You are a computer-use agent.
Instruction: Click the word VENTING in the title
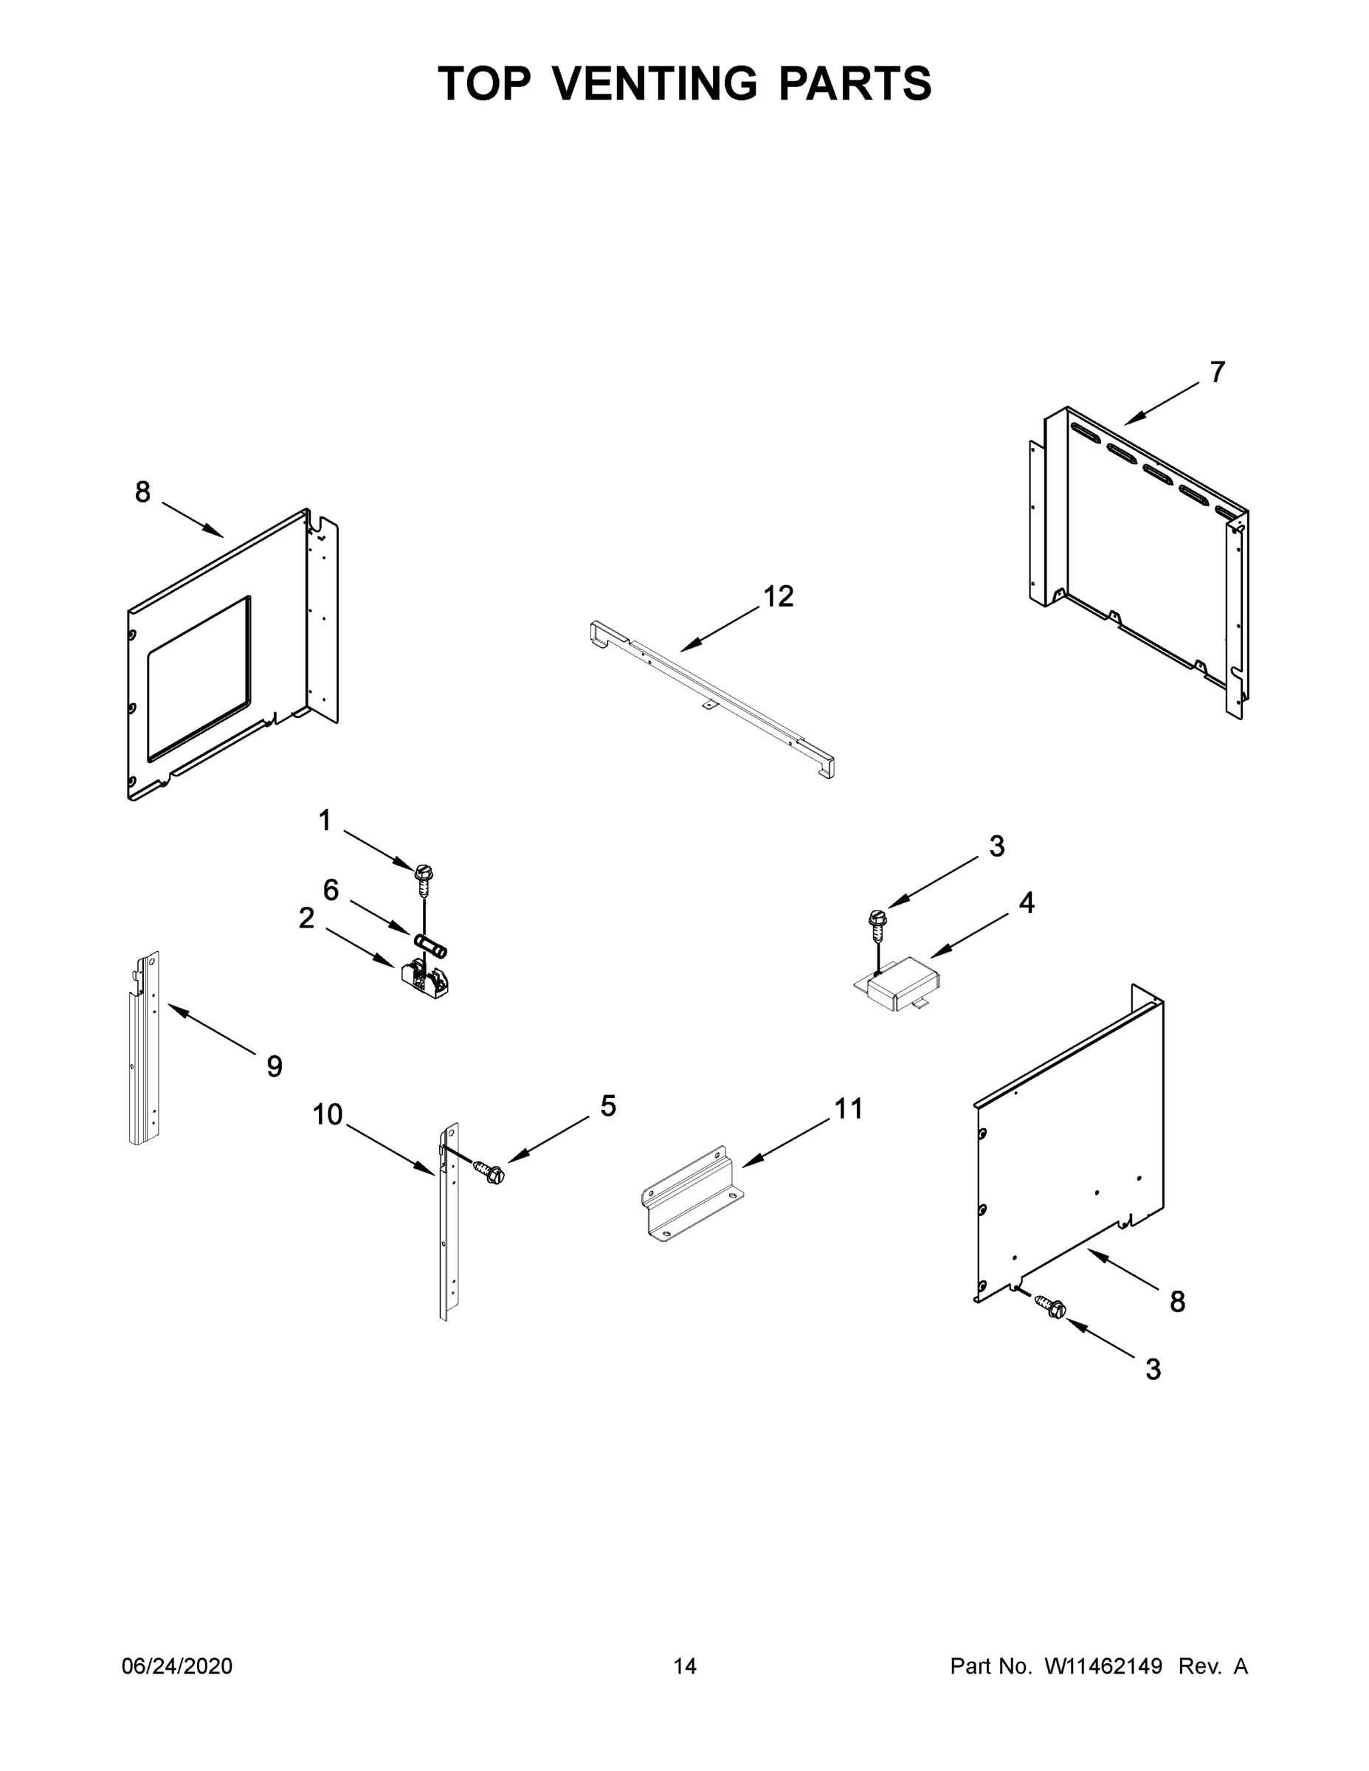pos(655,83)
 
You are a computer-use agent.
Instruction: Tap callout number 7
pos(1217,372)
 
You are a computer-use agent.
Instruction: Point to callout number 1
pos(325,821)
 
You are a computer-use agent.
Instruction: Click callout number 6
pos(331,891)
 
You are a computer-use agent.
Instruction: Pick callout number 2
pos(306,918)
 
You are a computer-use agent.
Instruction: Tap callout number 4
pos(1027,902)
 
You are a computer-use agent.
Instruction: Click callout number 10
pos(328,1115)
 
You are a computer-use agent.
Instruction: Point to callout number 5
pos(608,1105)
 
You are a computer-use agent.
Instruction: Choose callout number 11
pos(848,1108)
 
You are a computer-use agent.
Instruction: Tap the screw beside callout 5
pos(490,1173)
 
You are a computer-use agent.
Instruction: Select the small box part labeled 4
pos(900,984)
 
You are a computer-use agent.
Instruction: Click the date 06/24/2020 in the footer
pos(177,1665)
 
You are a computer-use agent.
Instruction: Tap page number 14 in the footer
pos(685,1665)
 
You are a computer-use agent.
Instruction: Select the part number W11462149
pos(1103,1665)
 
